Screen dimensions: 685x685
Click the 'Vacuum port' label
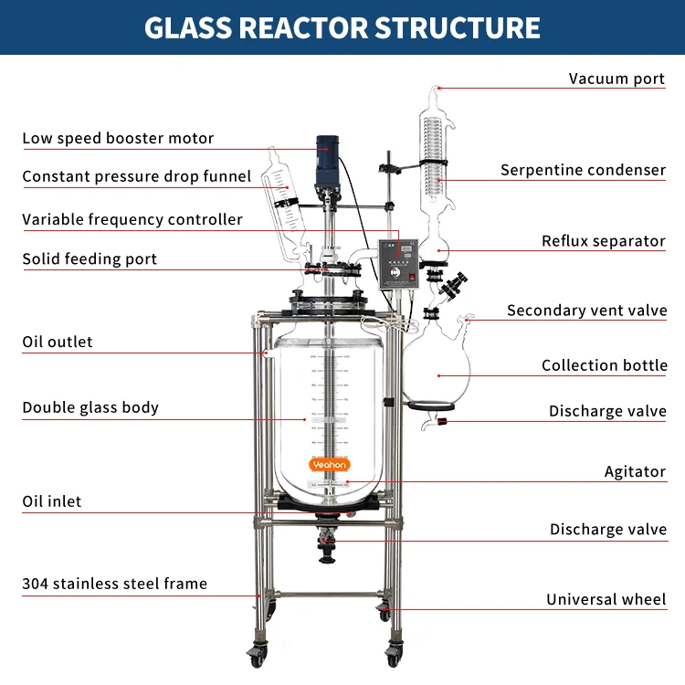click(x=616, y=79)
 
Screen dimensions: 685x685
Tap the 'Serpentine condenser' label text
click(x=583, y=170)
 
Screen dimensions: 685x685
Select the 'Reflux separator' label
click(x=603, y=241)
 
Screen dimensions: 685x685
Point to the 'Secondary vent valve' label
click(x=586, y=311)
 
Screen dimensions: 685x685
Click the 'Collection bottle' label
click(x=604, y=365)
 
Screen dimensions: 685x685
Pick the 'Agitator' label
click(x=635, y=472)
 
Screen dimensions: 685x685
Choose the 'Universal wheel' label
click(x=606, y=600)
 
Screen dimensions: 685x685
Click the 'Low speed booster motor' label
click(x=118, y=139)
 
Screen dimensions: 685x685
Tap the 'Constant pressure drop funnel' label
click(x=136, y=176)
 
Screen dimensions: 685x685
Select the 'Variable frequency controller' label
click(x=132, y=219)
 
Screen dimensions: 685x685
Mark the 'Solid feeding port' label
click(x=90, y=259)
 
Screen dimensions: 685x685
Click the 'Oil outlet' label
click(x=58, y=342)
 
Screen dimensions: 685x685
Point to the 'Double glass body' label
click(x=90, y=407)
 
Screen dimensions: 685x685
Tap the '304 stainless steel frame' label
click(x=114, y=584)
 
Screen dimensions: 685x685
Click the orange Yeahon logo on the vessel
click(x=330, y=465)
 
